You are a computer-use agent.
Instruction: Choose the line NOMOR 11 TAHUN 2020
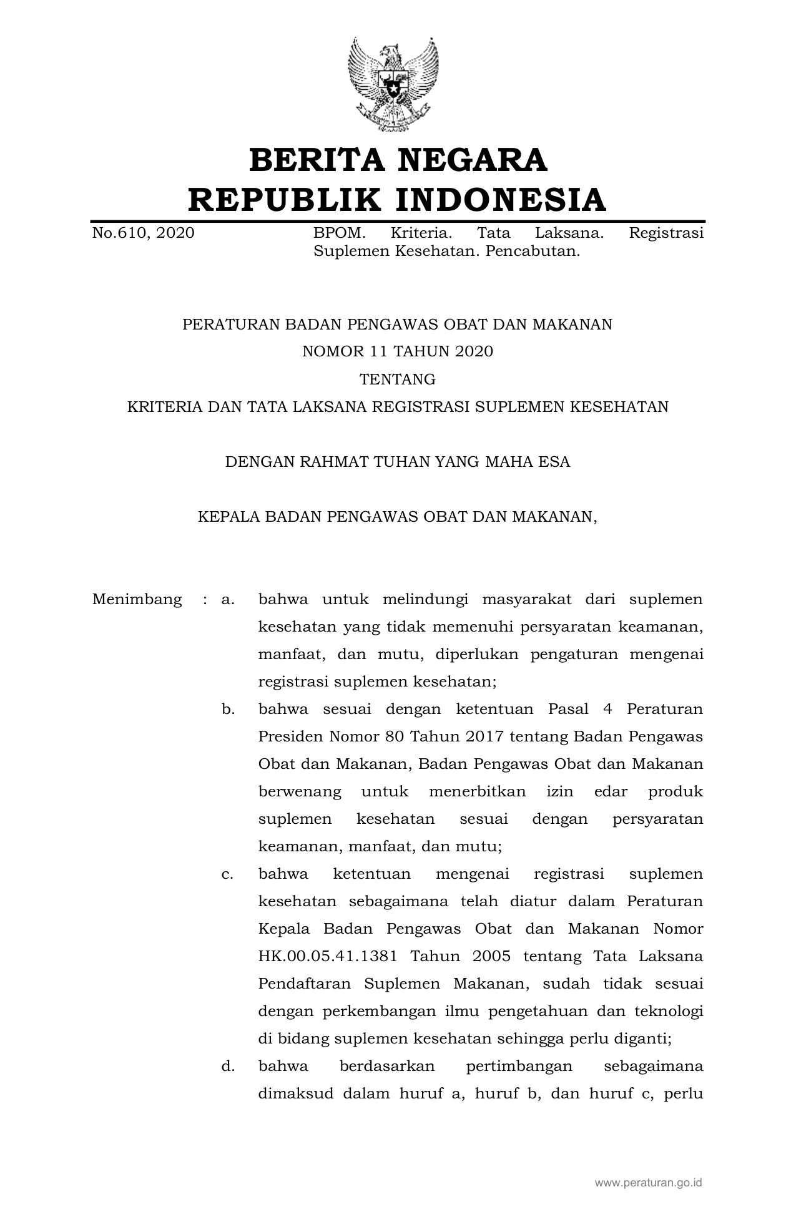point(398,351)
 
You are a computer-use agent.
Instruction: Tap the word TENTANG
point(398,379)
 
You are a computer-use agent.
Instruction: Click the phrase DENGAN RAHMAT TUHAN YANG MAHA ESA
point(398,462)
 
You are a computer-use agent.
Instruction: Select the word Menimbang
point(137,600)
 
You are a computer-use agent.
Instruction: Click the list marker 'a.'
point(228,600)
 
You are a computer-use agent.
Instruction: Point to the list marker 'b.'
point(228,710)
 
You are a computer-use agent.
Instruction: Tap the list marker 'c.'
point(228,874)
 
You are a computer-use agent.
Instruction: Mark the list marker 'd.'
point(228,1067)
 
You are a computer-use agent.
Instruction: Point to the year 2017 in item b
point(484,737)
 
